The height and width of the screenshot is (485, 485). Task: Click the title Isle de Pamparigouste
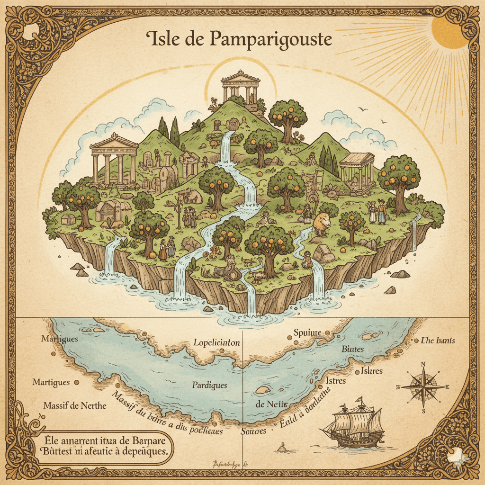coord(240,40)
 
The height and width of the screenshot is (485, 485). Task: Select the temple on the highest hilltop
coord(240,86)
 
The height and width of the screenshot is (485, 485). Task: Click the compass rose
coord(423,386)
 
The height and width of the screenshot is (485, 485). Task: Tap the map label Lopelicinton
coord(216,342)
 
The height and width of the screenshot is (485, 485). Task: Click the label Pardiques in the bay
coord(209,385)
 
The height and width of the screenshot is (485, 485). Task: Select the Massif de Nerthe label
coord(75,406)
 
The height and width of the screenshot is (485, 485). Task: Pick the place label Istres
coord(336,380)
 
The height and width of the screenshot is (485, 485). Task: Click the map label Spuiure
coord(307,332)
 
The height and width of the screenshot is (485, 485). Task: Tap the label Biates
coord(352,349)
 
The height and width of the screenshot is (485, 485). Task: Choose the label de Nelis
coord(272,404)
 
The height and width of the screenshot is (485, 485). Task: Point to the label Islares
coord(372,370)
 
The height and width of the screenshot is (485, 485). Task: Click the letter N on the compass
coord(423,364)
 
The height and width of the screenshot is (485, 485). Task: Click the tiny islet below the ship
coord(283,447)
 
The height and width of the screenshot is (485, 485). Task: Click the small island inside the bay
coord(263,389)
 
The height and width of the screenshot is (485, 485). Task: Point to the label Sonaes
coord(251,431)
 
